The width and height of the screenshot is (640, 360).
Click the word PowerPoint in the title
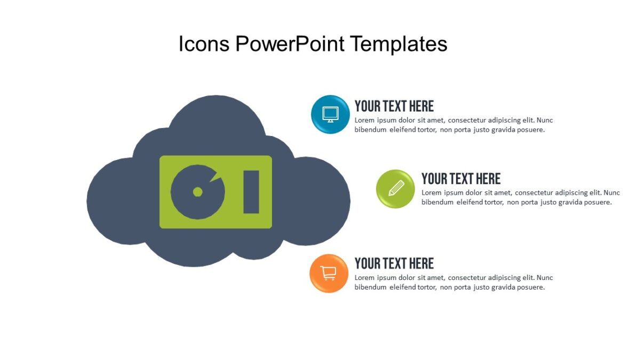pos(290,44)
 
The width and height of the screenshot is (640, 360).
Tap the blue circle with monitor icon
pos(331,114)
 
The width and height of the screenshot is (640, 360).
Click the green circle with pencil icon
pos(395,189)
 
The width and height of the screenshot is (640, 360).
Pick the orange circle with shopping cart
pos(329,273)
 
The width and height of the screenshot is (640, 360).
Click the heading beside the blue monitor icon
pos(394,106)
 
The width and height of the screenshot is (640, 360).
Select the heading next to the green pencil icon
pos(461,179)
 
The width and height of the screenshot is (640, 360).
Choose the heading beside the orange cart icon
pos(394,263)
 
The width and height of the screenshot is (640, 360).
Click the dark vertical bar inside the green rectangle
pos(251,192)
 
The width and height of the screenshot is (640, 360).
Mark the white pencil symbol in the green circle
pos(396,188)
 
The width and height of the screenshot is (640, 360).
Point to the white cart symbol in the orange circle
pos(329,273)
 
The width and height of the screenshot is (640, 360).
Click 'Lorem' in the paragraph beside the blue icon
pos(365,121)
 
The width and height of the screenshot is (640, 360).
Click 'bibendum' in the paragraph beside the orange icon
pos(370,287)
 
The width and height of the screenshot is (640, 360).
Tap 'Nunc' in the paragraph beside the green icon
pos(611,193)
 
